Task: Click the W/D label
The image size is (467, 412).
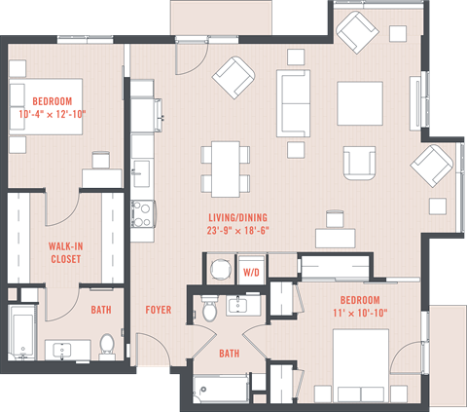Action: (251, 273)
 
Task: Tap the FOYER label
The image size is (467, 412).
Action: (159, 310)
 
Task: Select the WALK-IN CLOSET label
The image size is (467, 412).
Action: (65, 252)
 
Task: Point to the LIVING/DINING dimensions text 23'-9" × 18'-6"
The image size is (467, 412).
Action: (238, 231)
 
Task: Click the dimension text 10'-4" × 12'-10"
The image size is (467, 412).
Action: (53, 114)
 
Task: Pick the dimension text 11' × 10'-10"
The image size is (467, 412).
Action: (360, 313)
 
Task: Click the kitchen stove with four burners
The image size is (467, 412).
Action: (143, 214)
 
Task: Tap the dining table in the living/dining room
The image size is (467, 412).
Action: (226, 169)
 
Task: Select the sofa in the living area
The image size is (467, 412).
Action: (293, 103)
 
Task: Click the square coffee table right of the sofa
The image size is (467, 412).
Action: (360, 103)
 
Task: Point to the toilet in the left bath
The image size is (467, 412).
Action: (107, 346)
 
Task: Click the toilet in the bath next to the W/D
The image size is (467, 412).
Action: (209, 309)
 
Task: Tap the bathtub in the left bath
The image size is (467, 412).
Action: (21, 332)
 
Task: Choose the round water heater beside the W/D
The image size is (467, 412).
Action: (221, 270)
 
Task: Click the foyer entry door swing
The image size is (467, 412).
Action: (152, 350)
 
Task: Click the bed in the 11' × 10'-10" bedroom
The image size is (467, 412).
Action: (361, 365)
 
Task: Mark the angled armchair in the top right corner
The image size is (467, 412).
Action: (357, 32)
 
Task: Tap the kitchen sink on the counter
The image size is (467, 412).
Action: (142, 173)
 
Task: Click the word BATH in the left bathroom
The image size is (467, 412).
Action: (101, 310)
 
